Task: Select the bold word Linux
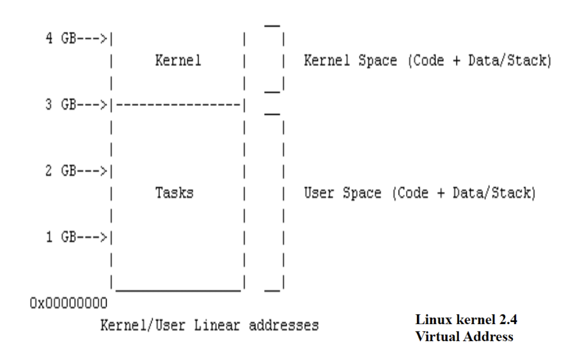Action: click(430, 320)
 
